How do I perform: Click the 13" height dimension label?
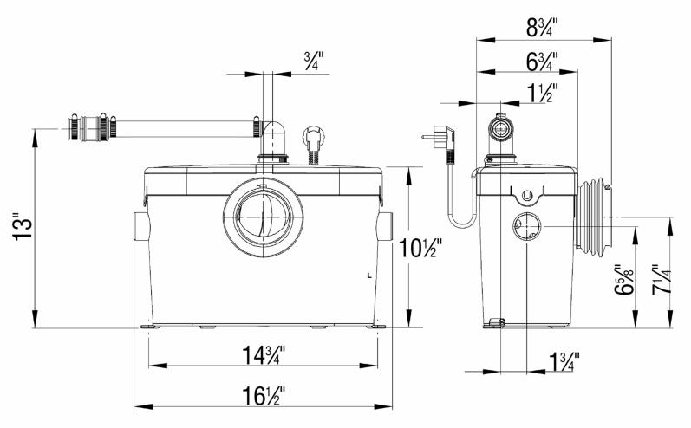pyautogui.click(x=23, y=228)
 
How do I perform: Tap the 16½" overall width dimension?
pyautogui.click(x=264, y=395)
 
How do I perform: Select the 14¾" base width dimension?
pyautogui.click(x=264, y=355)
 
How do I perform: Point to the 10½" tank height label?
pyautogui.click(x=420, y=248)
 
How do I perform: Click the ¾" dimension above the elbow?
pyautogui.click(x=314, y=62)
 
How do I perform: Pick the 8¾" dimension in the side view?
pyautogui.click(x=542, y=28)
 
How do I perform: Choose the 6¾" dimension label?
pyautogui.click(x=542, y=62)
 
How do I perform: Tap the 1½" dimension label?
pyautogui.click(x=542, y=93)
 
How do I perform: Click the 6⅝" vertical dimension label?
pyautogui.click(x=624, y=280)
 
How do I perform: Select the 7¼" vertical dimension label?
pyautogui.click(x=661, y=280)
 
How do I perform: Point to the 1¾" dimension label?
pyautogui.click(x=564, y=361)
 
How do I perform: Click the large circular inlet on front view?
pyautogui.click(x=263, y=217)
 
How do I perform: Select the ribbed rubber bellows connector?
pyautogui.click(x=594, y=217)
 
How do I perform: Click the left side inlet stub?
pyautogui.click(x=140, y=226)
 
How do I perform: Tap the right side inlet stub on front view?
pyautogui.click(x=385, y=226)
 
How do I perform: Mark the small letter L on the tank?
pyautogui.click(x=369, y=276)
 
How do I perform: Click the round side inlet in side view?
pyautogui.click(x=527, y=226)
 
